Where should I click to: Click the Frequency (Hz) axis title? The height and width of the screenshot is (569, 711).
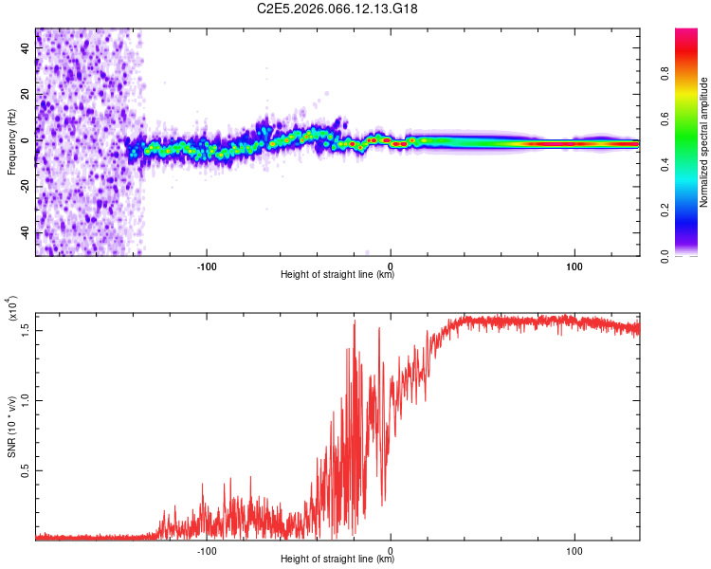(11, 141)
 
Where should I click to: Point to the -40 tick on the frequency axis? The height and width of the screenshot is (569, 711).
(24, 233)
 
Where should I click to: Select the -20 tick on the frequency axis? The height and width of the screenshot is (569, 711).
(24, 187)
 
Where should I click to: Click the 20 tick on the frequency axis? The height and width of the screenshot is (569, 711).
(26, 95)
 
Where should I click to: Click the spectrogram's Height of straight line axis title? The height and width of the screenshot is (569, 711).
(337, 275)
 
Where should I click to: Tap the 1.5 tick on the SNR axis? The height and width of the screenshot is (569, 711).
(24, 328)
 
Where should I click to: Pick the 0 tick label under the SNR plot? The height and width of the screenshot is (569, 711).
(391, 549)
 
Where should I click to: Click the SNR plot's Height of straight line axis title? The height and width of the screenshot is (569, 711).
(337, 560)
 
